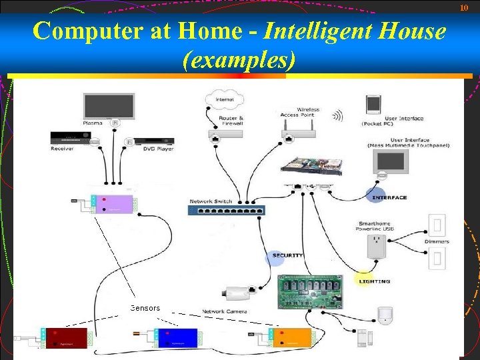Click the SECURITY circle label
pos(287,255)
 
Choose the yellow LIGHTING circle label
pos(374,281)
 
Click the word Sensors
pos(145,308)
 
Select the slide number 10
pos(465,7)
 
